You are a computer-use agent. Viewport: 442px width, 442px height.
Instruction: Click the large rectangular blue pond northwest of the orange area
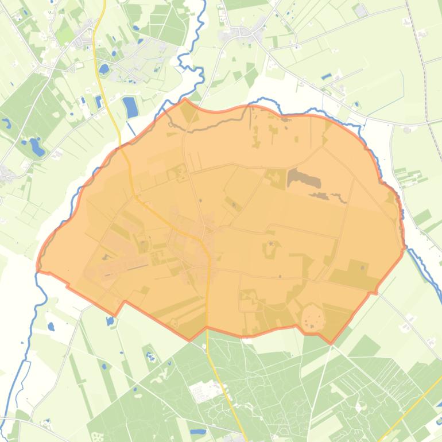[x=130, y=107]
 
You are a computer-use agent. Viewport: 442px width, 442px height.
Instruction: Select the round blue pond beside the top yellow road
[x=104, y=69]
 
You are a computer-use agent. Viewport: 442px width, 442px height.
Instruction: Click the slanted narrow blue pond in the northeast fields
[x=326, y=76]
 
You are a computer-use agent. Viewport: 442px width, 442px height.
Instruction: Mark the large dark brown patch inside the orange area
[x=304, y=179]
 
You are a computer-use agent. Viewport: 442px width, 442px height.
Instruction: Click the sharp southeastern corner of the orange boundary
[x=332, y=343]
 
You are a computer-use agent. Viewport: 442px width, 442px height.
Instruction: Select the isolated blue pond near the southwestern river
[x=51, y=327]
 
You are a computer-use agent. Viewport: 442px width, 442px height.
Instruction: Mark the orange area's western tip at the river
[x=38, y=269]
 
